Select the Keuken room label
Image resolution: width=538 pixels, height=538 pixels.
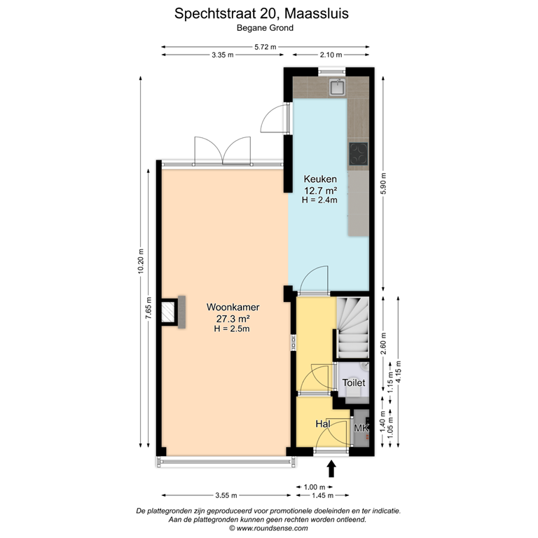pos(320,179)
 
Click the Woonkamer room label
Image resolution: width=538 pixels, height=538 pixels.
pos(233,308)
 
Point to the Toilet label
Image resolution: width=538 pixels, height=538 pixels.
pos(354,383)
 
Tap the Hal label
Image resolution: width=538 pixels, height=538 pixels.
pos(322,425)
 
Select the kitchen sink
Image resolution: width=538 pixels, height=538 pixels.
pos(338,88)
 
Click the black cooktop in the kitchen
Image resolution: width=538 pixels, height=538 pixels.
pos(359,153)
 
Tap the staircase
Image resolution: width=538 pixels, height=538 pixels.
pos(352,326)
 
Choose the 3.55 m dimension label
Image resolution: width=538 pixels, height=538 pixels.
pos(226,496)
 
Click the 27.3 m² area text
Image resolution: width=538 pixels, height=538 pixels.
pos(233,319)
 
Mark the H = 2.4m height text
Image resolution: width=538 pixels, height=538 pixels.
pos(320,200)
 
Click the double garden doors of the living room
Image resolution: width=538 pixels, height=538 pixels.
pos(221,149)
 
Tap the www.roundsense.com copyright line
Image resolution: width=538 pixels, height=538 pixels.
pos(268,529)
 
